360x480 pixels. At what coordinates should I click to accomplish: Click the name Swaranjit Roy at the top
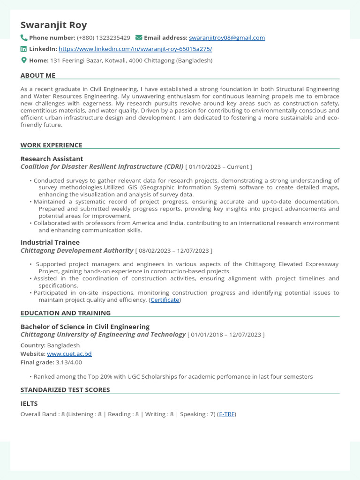pos(53,25)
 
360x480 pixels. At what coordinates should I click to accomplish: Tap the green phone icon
pos(24,37)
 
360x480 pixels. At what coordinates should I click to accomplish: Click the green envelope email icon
pos(139,37)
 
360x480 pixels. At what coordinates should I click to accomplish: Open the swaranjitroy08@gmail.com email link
pos(227,37)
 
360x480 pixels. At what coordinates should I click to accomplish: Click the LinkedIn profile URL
pos(135,49)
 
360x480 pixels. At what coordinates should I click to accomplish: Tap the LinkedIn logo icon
pos(24,49)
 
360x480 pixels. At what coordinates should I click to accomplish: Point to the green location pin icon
pos(24,60)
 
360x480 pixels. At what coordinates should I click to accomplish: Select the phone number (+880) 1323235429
pos(104,37)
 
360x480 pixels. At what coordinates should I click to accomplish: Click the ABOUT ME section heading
pos(38,75)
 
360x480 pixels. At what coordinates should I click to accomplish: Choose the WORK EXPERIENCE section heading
pos(51,145)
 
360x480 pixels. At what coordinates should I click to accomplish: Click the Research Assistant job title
pos(52,159)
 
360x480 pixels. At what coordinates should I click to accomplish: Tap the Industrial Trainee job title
pos(50,242)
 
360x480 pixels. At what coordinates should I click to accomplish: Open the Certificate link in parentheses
pos(165,300)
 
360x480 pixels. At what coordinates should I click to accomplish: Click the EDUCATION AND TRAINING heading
pos(66,313)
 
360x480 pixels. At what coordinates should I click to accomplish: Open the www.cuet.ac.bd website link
pos(69,354)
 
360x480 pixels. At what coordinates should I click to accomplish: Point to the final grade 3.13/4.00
pos(68,362)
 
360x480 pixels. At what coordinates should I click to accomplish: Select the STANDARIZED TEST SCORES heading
pos(65,390)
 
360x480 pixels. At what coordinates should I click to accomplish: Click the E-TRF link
pos(227,414)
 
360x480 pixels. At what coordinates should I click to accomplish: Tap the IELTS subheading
pos(29,404)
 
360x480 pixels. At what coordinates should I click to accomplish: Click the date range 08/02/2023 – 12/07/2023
pos(173,251)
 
